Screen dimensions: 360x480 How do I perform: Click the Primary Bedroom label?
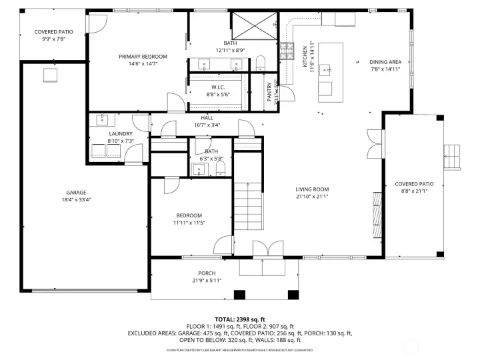point(143,57)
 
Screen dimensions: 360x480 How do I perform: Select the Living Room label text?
point(312,189)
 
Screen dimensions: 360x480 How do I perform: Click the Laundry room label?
point(121,133)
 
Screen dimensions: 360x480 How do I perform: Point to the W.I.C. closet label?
point(217,87)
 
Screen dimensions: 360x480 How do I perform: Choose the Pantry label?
point(270,90)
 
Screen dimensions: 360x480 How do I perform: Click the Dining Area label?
point(385,62)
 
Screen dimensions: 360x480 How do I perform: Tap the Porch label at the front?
point(207,273)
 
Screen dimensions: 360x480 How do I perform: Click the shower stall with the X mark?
point(253,25)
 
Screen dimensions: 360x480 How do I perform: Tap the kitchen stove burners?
point(287,51)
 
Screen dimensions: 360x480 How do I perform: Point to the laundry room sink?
point(103,120)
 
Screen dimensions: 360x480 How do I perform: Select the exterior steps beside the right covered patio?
point(453,157)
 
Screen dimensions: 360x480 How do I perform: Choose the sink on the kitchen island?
point(326,67)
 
